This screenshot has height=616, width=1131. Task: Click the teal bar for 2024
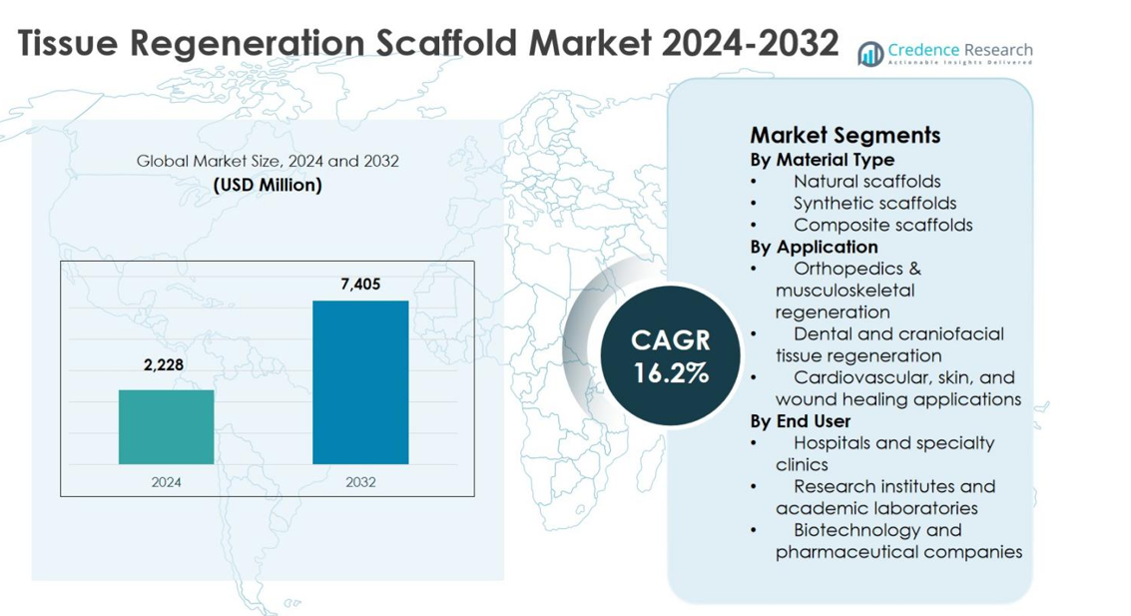pos(166,426)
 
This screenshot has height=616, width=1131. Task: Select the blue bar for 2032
pos(360,381)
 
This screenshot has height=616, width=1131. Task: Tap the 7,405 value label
pos(360,285)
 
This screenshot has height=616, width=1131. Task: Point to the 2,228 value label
pos(164,365)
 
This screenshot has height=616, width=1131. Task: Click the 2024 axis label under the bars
pos(166,482)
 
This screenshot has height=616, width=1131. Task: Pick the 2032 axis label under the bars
pos(360,482)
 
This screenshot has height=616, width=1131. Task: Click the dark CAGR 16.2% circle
pos(670,355)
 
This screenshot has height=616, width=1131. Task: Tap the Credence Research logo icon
pos(870,53)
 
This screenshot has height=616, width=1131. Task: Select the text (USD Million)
pos(268,185)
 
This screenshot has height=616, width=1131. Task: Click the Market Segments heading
pos(845,135)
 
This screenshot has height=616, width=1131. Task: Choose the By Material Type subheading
pos(822,160)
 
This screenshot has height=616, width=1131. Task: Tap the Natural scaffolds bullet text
pos(866,182)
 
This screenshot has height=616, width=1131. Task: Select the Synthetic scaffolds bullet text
pos(874,204)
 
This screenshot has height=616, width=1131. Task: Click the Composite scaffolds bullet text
pos(882,226)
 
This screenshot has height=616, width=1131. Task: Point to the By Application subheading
pos(814,247)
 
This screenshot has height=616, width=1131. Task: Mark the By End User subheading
pos(801,421)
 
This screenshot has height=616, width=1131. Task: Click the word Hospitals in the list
pos(835,443)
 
